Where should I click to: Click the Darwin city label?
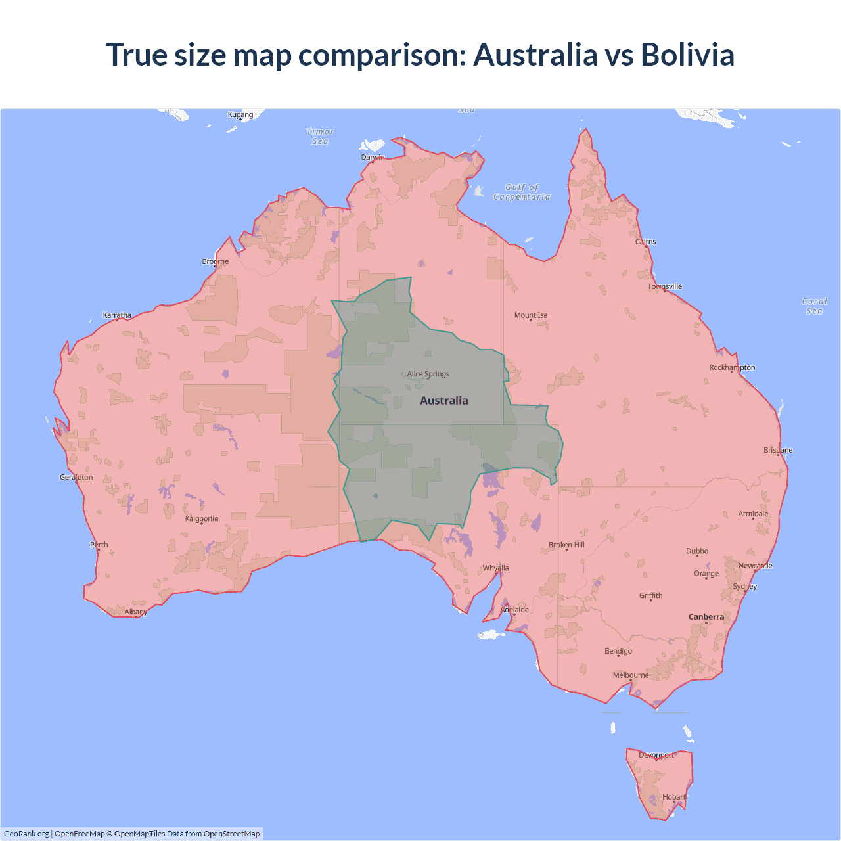tap(373, 157)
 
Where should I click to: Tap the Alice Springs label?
tap(428, 374)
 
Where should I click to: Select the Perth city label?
tap(99, 545)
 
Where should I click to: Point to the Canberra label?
tap(706, 617)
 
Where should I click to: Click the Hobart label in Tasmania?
tap(674, 797)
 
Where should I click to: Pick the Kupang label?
tap(240, 114)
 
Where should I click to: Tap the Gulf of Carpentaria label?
tap(522, 192)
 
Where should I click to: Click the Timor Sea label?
tap(320, 137)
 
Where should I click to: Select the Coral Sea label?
tap(814, 306)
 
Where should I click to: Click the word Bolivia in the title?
tap(687, 55)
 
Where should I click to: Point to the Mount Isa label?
tap(531, 315)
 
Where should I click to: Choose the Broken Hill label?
tap(566, 545)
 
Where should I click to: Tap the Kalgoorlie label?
tap(202, 519)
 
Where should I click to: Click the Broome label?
tap(216, 261)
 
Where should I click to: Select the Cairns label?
tap(646, 242)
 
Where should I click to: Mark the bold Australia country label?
tap(444, 401)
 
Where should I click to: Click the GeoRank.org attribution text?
tap(26, 834)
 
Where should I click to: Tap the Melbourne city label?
tap(631, 675)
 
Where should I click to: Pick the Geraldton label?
tap(76, 477)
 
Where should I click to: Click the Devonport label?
tap(656, 755)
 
